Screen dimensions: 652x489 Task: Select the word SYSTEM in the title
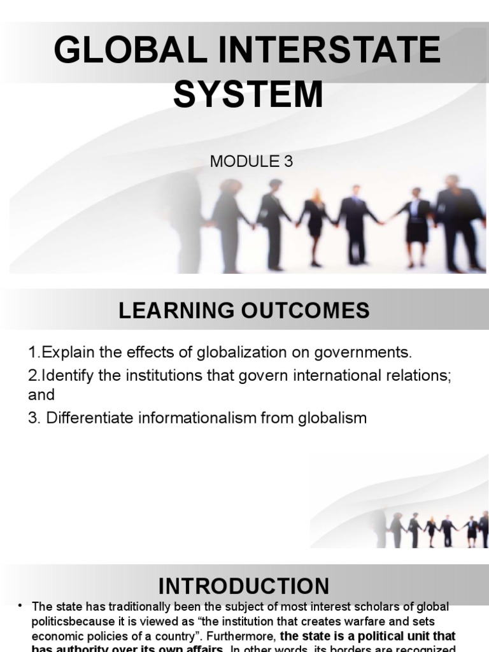[248, 94]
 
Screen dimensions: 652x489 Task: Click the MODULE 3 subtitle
[252, 162]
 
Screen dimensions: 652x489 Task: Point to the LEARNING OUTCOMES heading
[244, 311]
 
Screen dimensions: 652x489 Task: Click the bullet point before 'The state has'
[21, 605]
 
